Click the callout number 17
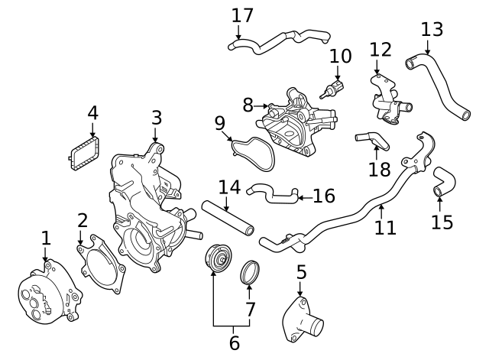coord(242,15)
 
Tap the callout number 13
coord(432,29)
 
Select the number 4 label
coord(92,113)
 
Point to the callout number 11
coord(386,227)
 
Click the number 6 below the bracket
coord(234,342)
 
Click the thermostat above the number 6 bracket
coord(218,258)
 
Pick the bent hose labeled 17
coord(279,40)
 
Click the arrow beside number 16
coord(303,197)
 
